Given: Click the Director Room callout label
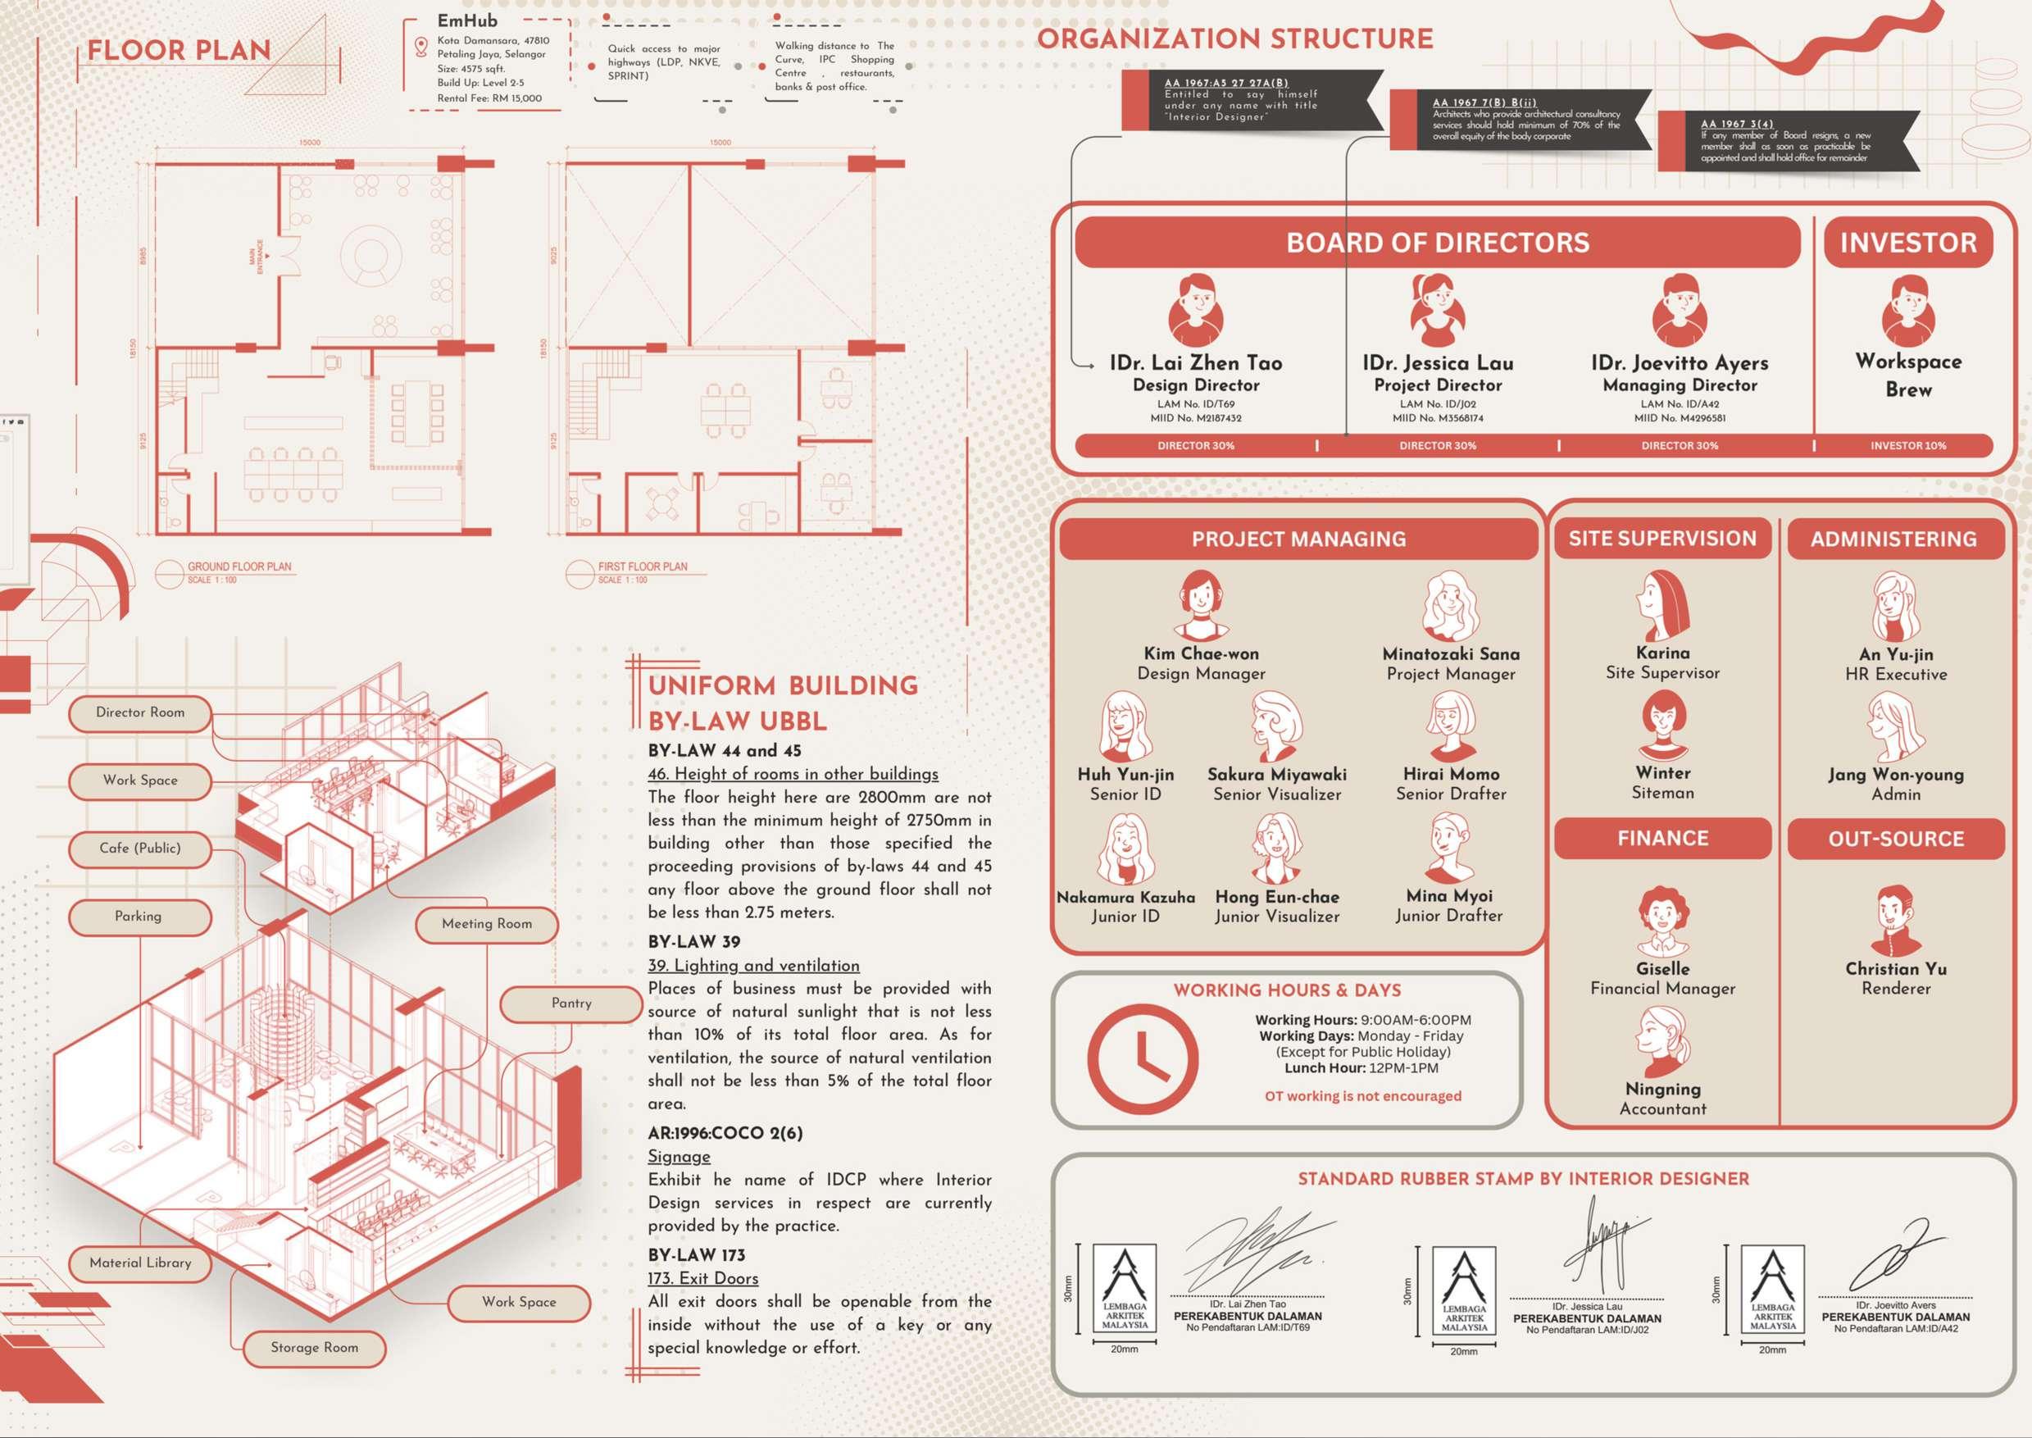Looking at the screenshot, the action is coord(140,712).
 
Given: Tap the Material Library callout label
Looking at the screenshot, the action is coord(140,1263).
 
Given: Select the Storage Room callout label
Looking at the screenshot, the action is coord(314,1348).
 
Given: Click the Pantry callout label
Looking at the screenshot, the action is coord(571,1003).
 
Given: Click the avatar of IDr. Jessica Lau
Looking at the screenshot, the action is coord(1437,310).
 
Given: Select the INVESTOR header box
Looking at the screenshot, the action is coord(1908,242).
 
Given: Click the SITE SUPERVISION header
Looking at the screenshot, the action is coord(1662,539).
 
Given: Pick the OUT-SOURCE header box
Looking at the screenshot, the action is coord(1896,839).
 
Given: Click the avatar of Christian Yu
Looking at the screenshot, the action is coord(1896,920).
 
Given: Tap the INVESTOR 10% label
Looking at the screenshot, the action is coord(1908,445).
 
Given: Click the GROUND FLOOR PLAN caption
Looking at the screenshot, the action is coord(239,567).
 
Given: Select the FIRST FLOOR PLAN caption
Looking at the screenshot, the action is coord(642,567).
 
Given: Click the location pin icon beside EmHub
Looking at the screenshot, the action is coord(421,46).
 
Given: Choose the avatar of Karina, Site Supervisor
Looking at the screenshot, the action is coord(1662,606).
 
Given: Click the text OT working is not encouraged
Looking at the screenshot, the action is coord(1362,1096).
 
